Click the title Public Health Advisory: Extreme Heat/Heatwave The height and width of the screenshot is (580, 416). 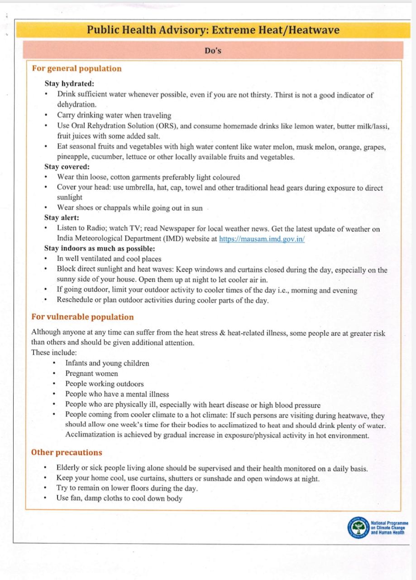point(213,30)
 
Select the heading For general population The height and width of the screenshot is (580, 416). point(77,69)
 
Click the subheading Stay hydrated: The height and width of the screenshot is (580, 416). point(69,84)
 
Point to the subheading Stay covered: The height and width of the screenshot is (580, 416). point(67,167)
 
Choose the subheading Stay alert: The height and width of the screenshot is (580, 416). point(62,218)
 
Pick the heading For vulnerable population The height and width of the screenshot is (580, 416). point(82,317)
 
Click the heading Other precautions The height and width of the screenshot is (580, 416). point(67,453)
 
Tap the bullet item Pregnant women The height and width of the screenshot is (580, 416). point(91,373)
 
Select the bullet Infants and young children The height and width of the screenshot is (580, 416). point(107,363)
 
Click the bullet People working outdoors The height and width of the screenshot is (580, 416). point(104,384)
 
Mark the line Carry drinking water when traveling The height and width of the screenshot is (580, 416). point(114,115)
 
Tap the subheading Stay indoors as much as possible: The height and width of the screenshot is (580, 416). point(100,249)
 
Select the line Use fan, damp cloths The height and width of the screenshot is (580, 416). point(119,498)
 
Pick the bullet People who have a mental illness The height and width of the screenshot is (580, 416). point(117,394)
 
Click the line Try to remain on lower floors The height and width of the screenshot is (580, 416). point(127,488)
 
